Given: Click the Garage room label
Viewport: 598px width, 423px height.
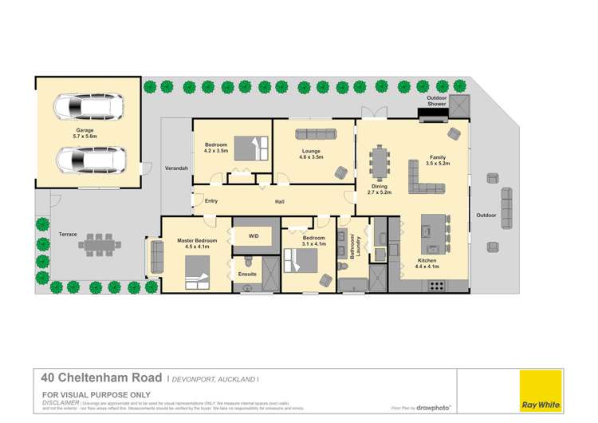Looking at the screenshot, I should tap(85, 130).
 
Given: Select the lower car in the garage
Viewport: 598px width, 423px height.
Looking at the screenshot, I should tap(89, 160).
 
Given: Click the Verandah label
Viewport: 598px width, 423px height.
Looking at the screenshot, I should tap(176, 169).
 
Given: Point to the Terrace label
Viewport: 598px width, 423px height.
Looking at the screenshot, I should tap(67, 235).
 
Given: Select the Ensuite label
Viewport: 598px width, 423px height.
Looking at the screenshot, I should tap(247, 275).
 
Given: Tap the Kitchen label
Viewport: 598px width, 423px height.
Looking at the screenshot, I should tap(427, 261).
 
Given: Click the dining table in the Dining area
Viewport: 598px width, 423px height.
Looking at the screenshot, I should tap(378, 164).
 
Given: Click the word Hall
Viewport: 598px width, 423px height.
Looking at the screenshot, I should tap(279, 201).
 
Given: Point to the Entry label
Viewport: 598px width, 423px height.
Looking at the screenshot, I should tap(210, 201).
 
